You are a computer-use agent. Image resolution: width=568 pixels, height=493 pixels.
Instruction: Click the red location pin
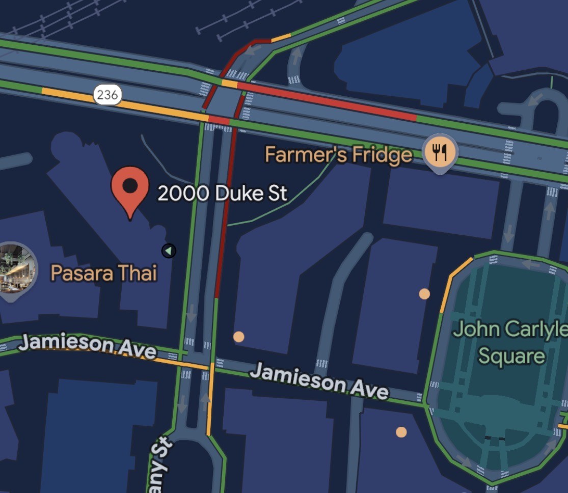click(x=130, y=188)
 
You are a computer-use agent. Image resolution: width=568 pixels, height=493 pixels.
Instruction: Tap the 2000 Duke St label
click(x=222, y=194)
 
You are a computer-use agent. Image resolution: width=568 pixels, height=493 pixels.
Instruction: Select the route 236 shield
click(x=107, y=95)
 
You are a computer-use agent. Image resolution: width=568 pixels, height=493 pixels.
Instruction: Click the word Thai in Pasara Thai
click(x=138, y=273)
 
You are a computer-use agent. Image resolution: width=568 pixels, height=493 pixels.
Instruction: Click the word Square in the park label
click(x=511, y=355)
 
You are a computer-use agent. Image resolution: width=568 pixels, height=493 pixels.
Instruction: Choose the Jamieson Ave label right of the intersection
click(x=318, y=380)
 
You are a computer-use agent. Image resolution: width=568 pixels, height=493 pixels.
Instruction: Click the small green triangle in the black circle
click(x=169, y=251)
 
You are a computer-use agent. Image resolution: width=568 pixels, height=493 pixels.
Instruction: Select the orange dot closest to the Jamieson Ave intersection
click(x=238, y=336)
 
